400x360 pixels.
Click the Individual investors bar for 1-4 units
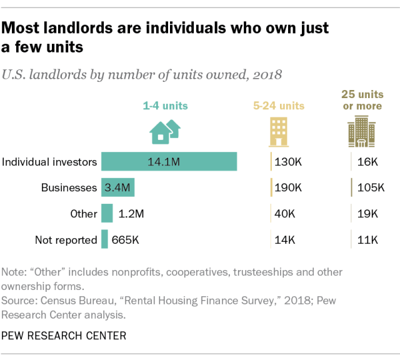click(x=169, y=161)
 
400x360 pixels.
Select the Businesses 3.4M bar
click(x=117, y=187)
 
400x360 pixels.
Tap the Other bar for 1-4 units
click(x=107, y=213)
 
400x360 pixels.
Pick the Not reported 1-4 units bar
click(x=104, y=239)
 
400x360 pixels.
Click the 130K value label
click(x=288, y=162)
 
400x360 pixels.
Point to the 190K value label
click(x=288, y=187)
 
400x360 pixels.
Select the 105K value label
click(x=369, y=187)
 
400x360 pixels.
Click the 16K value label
click(x=366, y=162)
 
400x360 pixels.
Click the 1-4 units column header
click(x=165, y=106)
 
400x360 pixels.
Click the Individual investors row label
click(x=50, y=162)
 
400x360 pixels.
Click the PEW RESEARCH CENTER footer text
click(x=63, y=336)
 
